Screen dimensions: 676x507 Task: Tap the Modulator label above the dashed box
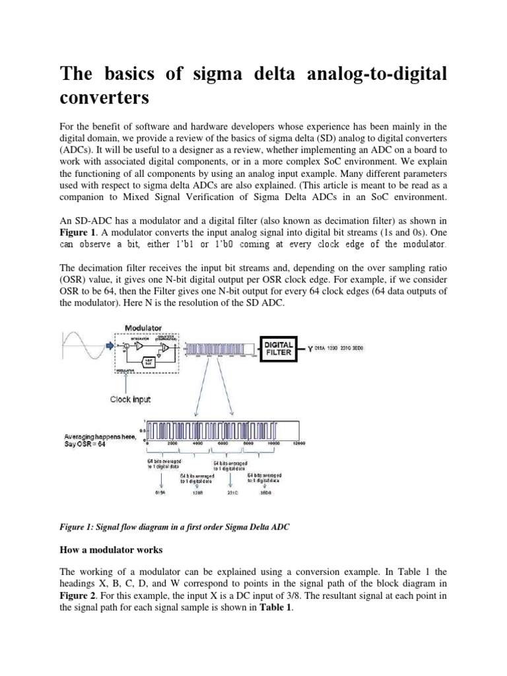(x=147, y=327)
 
